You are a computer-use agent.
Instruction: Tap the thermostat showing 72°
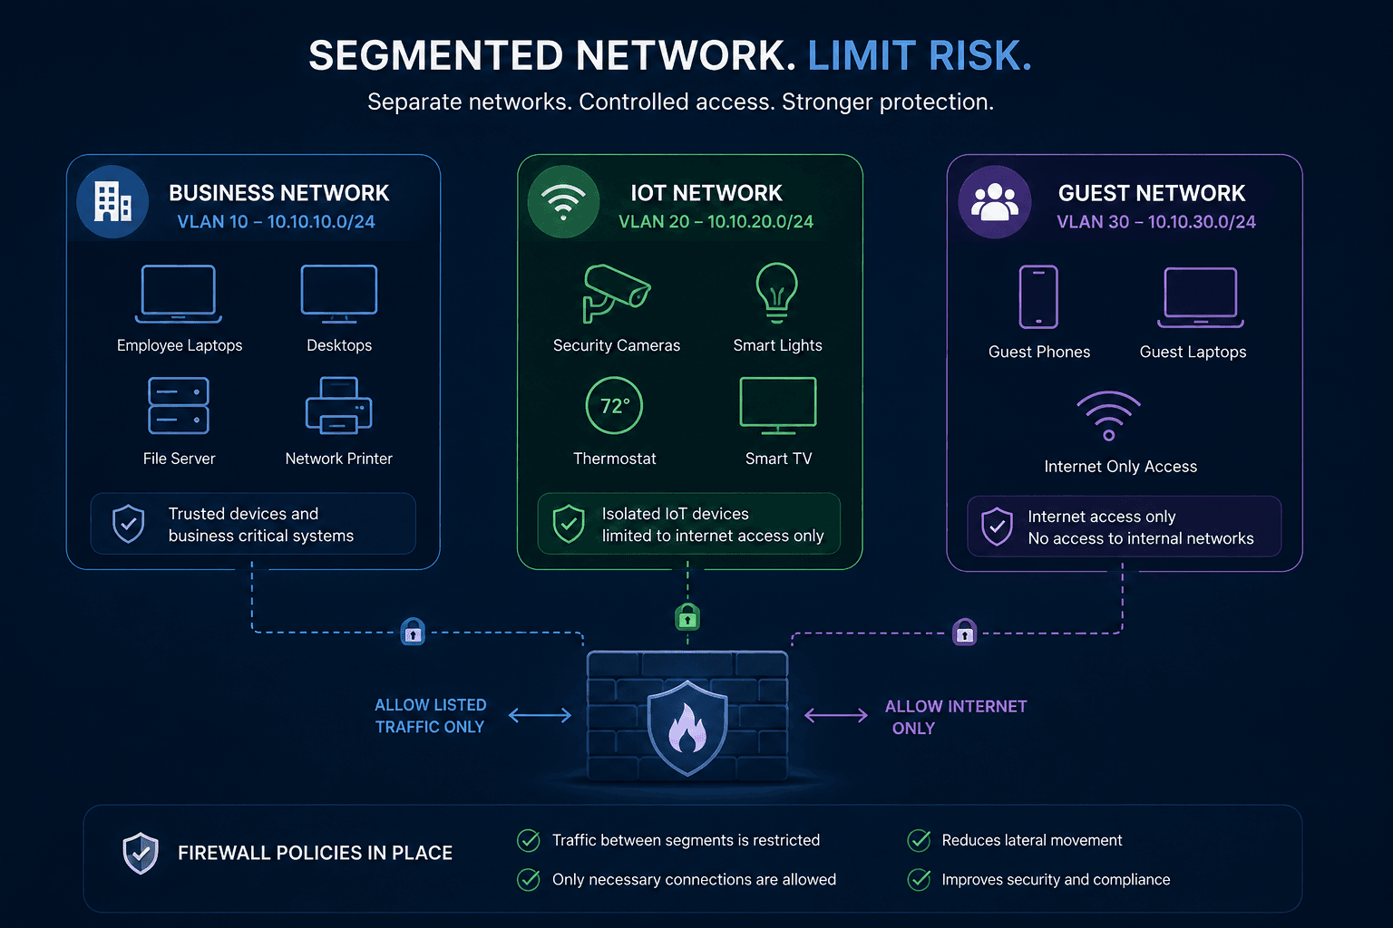614,406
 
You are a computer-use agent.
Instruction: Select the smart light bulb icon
776,293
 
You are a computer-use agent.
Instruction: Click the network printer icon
339,405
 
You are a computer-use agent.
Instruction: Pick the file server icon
179,405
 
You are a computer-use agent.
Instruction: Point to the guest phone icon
1038,296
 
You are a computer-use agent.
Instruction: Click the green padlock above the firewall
687,617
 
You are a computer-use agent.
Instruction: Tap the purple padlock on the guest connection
965,633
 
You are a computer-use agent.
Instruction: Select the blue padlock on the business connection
413,632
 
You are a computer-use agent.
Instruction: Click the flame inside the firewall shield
687,729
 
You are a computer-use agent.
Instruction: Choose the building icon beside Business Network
112,201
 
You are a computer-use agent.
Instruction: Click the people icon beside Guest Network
995,202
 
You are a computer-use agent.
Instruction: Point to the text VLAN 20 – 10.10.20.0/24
716,222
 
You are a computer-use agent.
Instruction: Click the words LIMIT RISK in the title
920,55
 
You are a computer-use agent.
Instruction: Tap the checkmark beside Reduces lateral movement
919,840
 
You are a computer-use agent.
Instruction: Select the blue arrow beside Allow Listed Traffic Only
540,715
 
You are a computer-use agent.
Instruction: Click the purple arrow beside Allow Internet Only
836,715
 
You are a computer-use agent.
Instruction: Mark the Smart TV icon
778,406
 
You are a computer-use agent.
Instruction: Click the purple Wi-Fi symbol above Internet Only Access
1109,415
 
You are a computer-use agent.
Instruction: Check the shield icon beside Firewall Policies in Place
141,853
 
